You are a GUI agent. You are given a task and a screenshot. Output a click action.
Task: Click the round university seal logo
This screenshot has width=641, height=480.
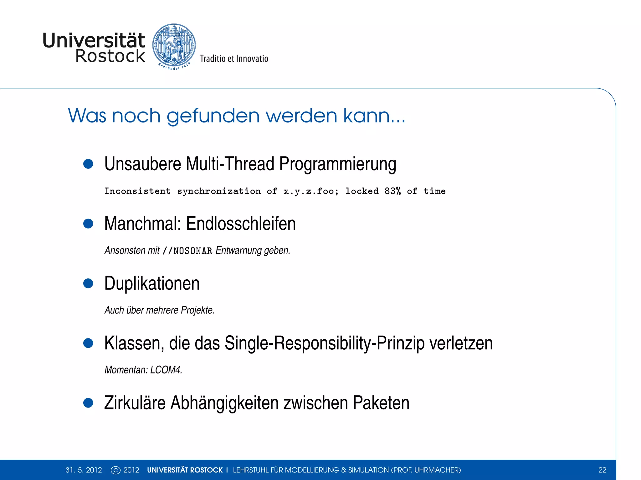(x=174, y=46)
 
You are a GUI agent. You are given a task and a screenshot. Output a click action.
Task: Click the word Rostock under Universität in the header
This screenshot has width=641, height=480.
(x=110, y=56)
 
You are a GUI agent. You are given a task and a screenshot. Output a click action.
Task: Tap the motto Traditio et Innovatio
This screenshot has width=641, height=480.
(x=234, y=59)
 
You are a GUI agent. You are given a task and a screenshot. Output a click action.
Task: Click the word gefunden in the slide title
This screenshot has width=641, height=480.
(x=213, y=116)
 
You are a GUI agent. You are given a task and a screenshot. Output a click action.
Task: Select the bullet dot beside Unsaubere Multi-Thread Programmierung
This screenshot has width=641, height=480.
(x=88, y=164)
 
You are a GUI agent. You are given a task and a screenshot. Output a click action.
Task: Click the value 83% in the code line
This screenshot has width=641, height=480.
(x=392, y=191)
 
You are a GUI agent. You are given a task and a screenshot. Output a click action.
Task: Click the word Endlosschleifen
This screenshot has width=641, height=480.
(x=241, y=224)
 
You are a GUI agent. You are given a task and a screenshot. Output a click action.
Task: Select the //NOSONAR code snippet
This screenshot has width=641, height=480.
(x=187, y=251)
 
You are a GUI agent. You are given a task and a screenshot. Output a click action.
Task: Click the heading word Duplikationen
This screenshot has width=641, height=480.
(x=152, y=283)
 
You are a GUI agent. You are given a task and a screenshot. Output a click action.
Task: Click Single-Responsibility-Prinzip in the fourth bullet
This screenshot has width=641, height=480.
(x=325, y=343)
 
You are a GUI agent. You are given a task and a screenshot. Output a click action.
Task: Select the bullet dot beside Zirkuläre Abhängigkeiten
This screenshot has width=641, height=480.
(x=88, y=403)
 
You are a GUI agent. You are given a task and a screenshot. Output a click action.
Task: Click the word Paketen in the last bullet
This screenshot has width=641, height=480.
(x=381, y=403)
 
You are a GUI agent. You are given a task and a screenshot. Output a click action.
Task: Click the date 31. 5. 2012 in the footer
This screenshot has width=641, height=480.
(x=84, y=470)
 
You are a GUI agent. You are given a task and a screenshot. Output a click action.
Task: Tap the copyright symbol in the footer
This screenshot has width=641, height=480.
(x=115, y=470)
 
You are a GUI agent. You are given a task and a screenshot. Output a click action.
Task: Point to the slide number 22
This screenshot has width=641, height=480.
(x=602, y=470)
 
